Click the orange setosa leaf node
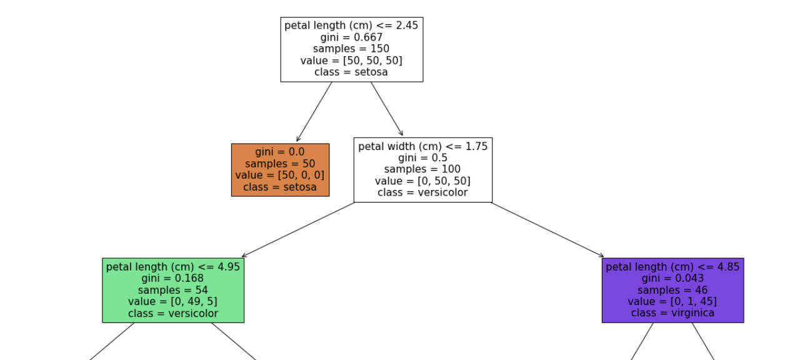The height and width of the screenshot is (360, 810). pyautogui.click(x=280, y=170)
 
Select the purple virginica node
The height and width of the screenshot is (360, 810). pyautogui.click(x=672, y=290)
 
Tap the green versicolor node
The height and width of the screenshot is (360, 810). pyautogui.click(x=173, y=290)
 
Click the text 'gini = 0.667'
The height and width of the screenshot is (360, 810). pyautogui.click(x=351, y=37)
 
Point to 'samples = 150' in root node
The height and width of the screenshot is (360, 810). pyautogui.click(x=351, y=49)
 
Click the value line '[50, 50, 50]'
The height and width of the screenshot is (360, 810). pyautogui.click(x=351, y=61)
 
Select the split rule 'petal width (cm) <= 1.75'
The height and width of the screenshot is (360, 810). pyautogui.click(x=423, y=146)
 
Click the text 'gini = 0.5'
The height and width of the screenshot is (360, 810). pyautogui.click(x=423, y=157)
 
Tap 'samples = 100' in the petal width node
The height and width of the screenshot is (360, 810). pyautogui.click(x=423, y=169)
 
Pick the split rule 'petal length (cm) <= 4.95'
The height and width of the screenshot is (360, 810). pyautogui.click(x=173, y=267)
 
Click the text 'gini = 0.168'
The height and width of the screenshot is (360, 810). pyautogui.click(x=173, y=278)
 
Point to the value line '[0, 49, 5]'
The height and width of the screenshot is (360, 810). pyautogui.click(x=173, y=301)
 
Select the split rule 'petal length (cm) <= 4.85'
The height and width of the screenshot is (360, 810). pyautogui.click(x=672, y=267)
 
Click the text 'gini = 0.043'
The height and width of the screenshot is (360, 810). pyautogui.click(x=672, y=278)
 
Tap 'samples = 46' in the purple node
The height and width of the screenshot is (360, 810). pyautogui.click(x=672, y=290)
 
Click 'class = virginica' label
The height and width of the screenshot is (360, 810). pyautogui.click(x=672, y=313)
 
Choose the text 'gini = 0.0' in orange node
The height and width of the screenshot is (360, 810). pyautogui.click(x=280, y=152)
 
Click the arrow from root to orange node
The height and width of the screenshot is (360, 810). pyautogui.click(x=314, y=112)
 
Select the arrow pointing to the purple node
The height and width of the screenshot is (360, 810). pyautogui.click(x=547, y=229)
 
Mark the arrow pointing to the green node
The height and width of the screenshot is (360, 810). pyautogui.click(x=298, y=229)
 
